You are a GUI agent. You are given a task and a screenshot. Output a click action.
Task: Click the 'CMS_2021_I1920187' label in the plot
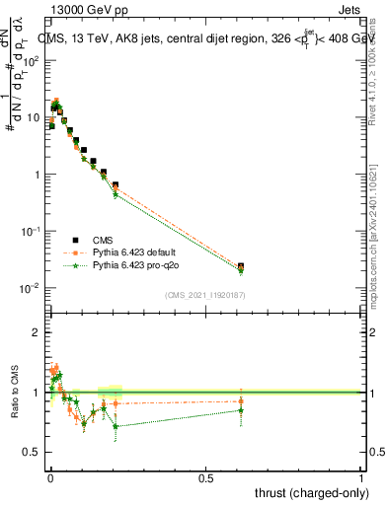(x=203, y=295)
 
